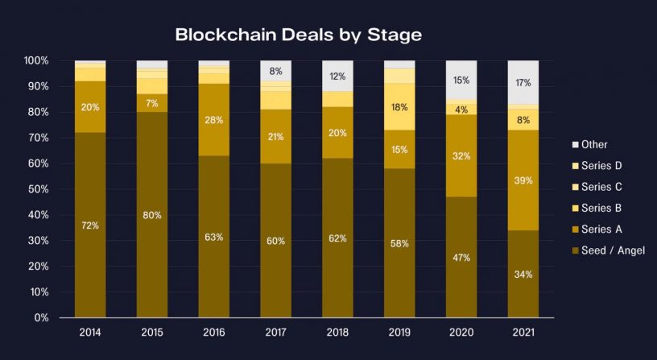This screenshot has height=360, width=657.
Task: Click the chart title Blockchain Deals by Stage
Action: (298, 35)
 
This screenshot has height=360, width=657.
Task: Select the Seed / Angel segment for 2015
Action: (152, 215)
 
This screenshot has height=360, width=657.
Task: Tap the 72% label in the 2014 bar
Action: (90, 226)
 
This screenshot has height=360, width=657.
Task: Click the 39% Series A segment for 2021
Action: (523, 180)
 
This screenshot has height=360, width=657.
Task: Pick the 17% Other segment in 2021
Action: (523, 82)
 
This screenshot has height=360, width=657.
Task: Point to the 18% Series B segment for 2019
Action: (399, 106)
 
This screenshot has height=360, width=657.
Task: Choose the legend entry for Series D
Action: (603, 166)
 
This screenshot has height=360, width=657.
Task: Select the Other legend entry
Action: (595, 145)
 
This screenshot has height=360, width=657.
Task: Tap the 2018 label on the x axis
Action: (337, 332)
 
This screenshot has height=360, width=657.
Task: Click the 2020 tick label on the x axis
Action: (461, 332)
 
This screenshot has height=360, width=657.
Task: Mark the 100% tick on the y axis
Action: (35, 60)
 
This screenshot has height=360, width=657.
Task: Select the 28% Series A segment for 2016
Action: (214, 120)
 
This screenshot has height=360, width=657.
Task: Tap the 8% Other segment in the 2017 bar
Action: (275, 71)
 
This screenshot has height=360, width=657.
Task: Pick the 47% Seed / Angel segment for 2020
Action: (461, 258)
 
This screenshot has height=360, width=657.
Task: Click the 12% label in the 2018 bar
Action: (337, 77)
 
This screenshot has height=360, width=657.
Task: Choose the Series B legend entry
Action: (603, 209)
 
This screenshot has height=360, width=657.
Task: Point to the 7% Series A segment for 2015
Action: (152, 103)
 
